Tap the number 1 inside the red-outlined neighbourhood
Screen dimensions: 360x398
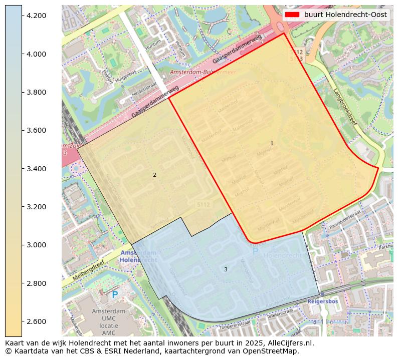pos(272,143)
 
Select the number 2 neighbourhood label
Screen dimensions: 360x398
pos(154,175)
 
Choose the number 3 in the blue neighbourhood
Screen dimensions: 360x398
pos(226,269)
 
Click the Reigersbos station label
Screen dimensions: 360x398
pos(323,302)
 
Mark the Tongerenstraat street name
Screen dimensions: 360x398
pos(233,327)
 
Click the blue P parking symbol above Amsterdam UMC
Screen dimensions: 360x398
pos(115,295)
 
